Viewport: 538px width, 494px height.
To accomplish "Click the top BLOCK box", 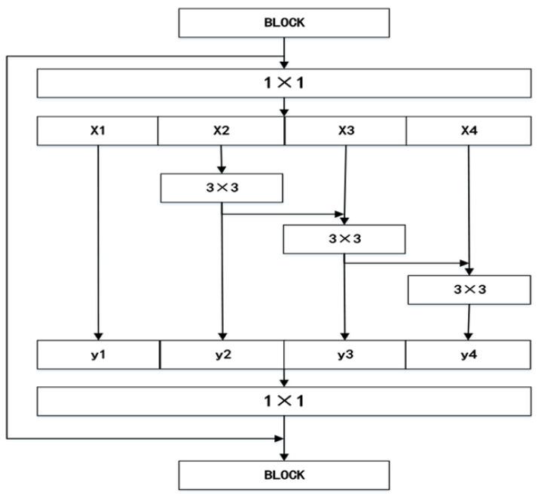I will [284, 23].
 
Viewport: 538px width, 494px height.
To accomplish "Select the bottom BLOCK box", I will [284, 475].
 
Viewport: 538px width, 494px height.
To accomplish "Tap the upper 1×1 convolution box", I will [284, 83].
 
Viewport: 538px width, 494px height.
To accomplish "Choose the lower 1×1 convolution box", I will [284, 400].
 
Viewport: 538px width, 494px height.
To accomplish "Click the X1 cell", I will [97, 130].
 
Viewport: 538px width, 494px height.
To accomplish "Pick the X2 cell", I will [221, 130].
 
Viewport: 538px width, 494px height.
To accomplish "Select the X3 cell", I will [346, 130].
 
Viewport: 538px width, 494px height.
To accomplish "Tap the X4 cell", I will [469, 130].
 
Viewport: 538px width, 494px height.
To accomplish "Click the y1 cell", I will [98, 354].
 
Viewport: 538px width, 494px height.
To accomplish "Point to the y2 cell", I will [222, 354].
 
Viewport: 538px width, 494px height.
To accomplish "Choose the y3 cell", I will [345, 354].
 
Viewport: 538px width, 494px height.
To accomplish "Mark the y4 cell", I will [469, 354].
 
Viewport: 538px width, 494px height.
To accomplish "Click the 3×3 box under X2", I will [222, 188].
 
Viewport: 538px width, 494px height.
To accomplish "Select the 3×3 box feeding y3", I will [344, 239].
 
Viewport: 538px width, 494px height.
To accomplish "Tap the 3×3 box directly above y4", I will [469, 290].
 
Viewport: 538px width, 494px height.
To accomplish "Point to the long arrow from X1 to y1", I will [98, 241].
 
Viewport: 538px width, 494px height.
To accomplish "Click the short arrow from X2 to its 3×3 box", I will [221, 159].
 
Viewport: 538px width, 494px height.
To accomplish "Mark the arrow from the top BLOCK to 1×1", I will [284, 53].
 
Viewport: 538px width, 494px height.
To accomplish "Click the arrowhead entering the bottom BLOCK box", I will [284, 456].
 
